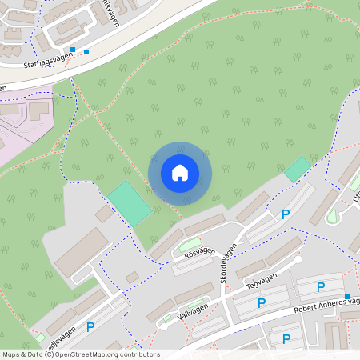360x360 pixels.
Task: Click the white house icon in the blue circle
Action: (180, 172)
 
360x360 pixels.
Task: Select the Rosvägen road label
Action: (200, 251)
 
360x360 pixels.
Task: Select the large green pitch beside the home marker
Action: (130, 203)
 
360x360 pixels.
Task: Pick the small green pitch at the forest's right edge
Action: (298, 169)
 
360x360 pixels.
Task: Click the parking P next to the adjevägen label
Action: (90, 326)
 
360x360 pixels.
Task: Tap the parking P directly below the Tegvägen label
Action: (261, 303)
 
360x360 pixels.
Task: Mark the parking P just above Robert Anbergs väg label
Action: (321, 287)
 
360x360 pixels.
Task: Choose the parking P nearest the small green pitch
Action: (285, 214)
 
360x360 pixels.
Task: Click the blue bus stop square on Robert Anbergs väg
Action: (346, 297)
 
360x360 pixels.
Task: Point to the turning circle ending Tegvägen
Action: (298, 259)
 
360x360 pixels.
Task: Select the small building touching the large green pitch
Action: (104, 214)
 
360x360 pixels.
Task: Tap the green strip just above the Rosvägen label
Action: (190, 242)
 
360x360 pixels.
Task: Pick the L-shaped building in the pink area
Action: (39, 110)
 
